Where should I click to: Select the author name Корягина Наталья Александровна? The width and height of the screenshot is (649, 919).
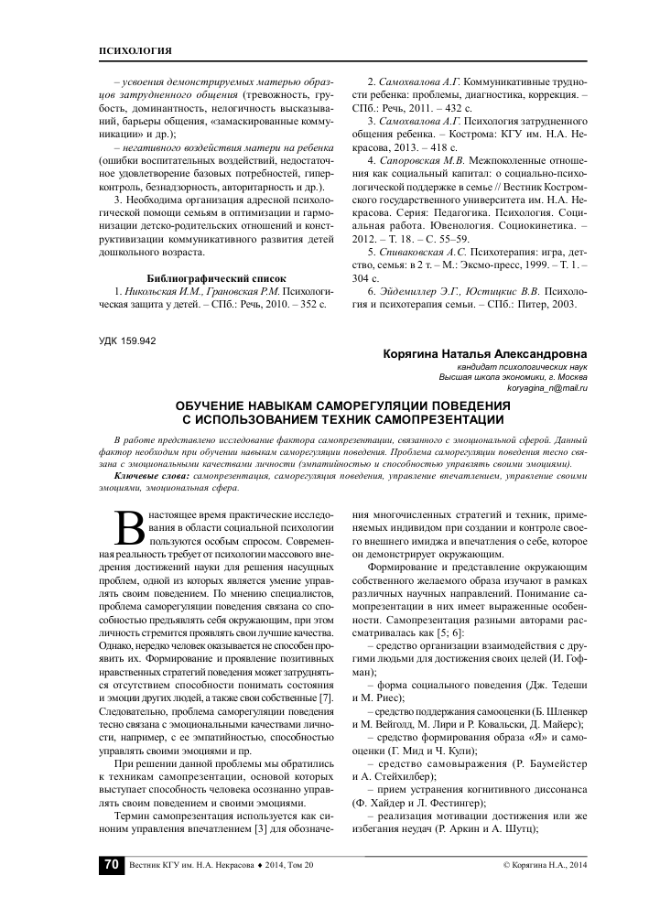(x=487, y=353)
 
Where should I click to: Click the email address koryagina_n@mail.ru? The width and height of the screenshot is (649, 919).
(x=547, y=388)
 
